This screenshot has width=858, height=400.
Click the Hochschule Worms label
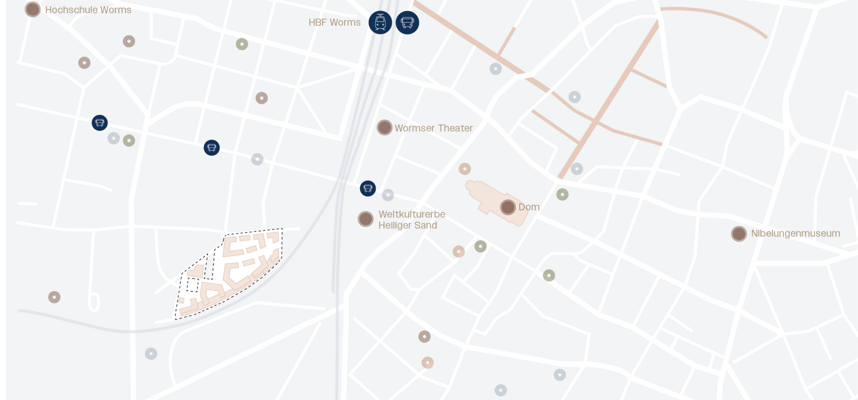[x=88, y=10]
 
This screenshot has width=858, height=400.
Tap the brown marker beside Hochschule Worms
[x=33, y=9]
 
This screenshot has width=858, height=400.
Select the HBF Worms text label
[x=334, y=23]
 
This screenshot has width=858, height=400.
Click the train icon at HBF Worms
[x=380, y=23]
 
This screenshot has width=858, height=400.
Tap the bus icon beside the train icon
[x=407, y=23]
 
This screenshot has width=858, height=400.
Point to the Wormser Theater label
[x=433, y=128]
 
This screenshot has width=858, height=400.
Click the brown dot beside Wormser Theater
[x=384, y=127]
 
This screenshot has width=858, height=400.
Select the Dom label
[x=529, y=207]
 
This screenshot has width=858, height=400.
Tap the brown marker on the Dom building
[x=508, y=207]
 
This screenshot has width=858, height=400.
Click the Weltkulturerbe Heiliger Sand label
[x=411, y=220]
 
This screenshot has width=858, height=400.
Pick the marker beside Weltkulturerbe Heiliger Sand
[x=365, y=219]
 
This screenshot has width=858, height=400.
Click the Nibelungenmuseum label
[x=795, y=233]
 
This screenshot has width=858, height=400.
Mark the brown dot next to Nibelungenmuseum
[x=739, y=234]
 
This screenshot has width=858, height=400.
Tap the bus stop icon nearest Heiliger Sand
[x=368, y=189]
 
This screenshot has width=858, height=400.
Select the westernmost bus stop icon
[x=100, y=123]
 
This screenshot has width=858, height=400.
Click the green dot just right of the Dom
[x=562, y=195]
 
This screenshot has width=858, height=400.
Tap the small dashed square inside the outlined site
[x=192, y=285]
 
